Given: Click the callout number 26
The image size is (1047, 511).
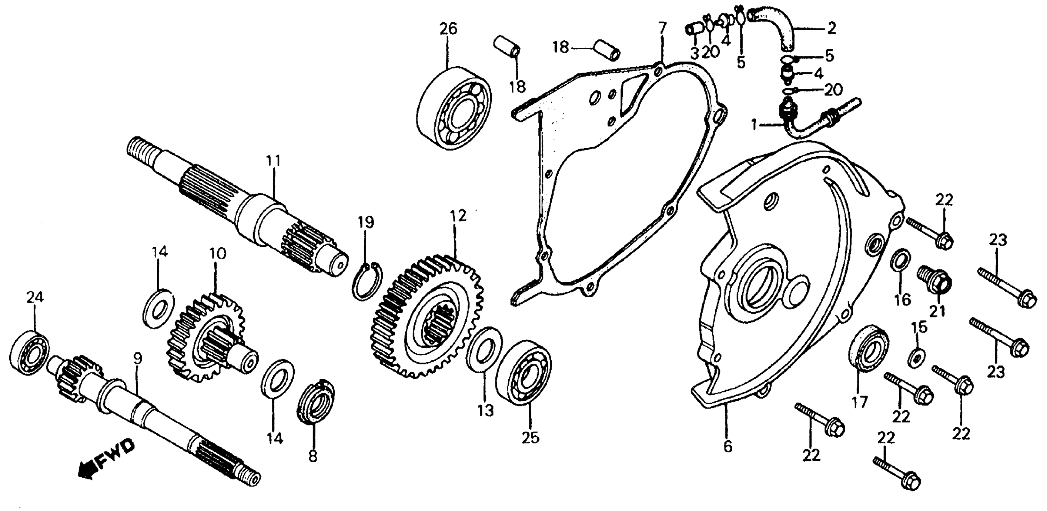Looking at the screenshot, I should (448, 29).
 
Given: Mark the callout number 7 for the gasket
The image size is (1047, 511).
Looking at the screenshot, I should (662, 29).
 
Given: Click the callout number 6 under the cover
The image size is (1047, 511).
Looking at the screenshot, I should (728, 446).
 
